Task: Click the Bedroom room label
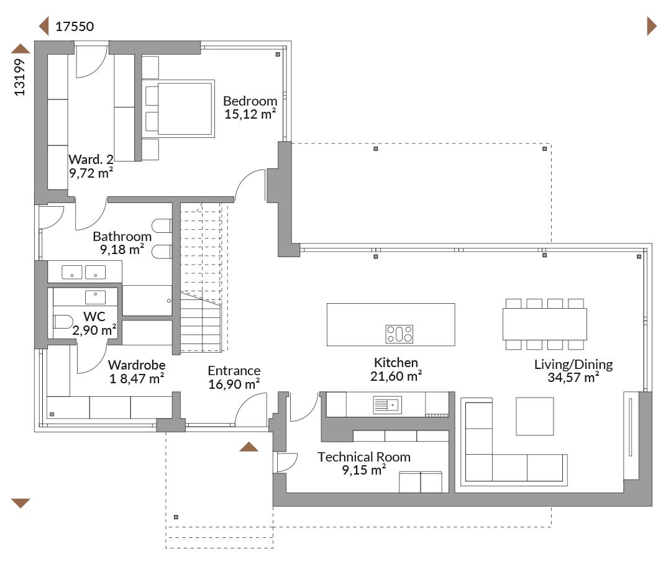(250, 101)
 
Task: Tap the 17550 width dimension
(75, 27)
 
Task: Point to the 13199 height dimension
(20, 77)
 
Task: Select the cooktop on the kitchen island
(399, 334)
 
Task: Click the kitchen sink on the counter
(387, 405)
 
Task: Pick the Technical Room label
(363, 457)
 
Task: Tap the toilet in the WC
(63, 322)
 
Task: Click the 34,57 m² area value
(573, 377)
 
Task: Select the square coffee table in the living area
(534, 416)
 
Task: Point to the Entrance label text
(234, 371)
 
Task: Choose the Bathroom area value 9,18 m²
(122, 249)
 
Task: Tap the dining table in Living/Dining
(544, 324)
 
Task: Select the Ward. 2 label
(91, 159)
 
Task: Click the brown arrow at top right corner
(652, 26)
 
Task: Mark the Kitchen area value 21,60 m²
(396, 376)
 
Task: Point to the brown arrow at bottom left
(20, 503)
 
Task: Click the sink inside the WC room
(95, 297)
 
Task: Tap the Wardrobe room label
(137, 365)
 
